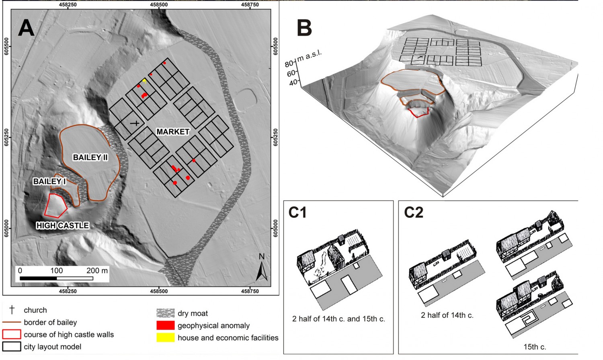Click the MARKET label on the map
[173, 131]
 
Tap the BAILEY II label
[90, 157]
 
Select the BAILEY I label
[49, 181]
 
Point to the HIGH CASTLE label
[62, 225]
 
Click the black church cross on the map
[135, 123]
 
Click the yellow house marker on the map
[144, 80]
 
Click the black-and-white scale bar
[57, 278]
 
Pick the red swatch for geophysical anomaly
[166, 325]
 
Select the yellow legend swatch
[166, 337]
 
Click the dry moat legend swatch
[166, 313]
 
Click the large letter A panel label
[26, 28]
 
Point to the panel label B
[304, 28]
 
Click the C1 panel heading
[297, 212]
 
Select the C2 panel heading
[414, 212]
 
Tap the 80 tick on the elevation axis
[289, 64]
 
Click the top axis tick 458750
[250, 4]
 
